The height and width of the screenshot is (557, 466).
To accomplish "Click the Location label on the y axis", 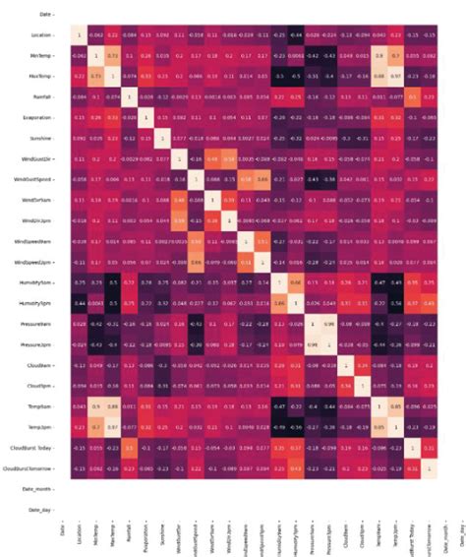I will pos(41,34).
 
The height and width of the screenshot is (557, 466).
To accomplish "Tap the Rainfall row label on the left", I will pos(41,96).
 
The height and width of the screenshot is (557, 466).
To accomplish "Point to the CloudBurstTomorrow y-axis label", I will pos(30,469).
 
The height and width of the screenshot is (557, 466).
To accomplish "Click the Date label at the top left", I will pos(45,14).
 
